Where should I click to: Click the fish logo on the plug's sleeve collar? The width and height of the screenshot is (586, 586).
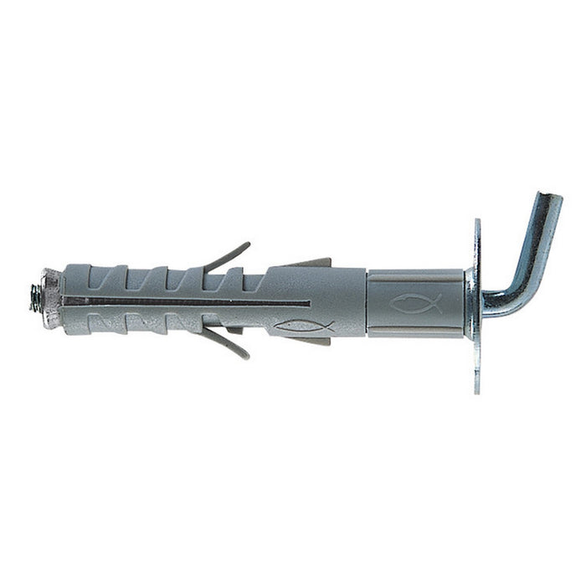click(x=416, y=304)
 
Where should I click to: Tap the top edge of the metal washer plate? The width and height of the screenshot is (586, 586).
click(x=476, y=223)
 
